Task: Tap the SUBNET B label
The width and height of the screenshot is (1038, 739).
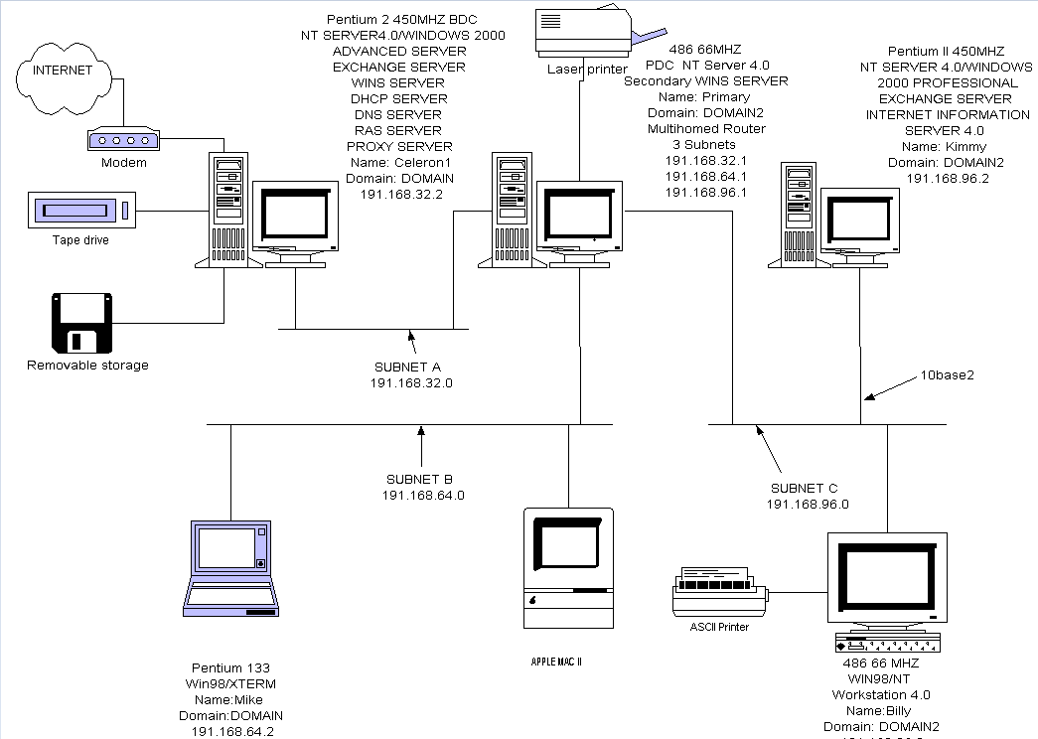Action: point(423,479)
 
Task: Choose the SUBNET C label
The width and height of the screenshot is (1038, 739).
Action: point(805,488)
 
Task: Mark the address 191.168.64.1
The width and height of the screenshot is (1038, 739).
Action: point(705,176)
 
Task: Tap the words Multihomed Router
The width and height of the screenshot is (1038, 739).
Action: point(706,128)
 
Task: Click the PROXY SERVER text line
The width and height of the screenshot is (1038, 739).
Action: point(399,146)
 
